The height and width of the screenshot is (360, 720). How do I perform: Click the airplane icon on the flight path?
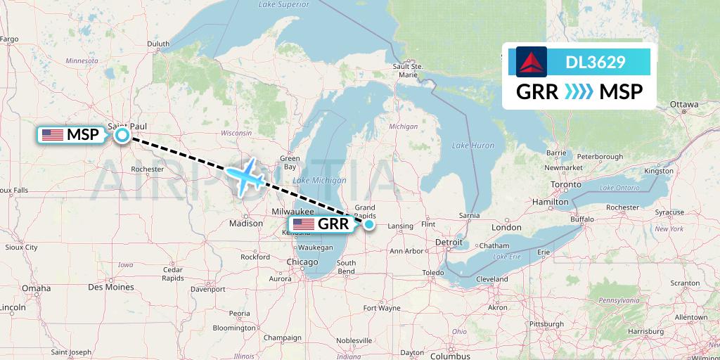point(244,176)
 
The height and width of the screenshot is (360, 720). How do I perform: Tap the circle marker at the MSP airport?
point(122,135)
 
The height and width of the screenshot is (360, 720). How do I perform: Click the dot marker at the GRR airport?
point(368,224)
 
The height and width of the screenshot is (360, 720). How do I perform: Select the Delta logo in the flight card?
point(531,62)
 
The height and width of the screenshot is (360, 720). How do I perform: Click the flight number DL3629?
point(595,62)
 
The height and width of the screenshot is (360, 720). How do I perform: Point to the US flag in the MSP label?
point(52,135)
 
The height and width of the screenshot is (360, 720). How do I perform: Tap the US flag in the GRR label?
point(304,224)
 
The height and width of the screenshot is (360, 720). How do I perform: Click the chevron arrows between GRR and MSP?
point(579,91)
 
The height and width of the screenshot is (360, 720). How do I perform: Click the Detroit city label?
point(449,243)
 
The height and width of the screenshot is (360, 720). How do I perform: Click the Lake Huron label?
point(473,145)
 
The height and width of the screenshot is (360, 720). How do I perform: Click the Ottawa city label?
point(683,105)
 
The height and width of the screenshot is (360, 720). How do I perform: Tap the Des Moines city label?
point(111,287)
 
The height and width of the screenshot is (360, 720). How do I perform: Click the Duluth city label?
point(158,44)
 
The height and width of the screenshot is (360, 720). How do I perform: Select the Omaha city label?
point(36,288)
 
